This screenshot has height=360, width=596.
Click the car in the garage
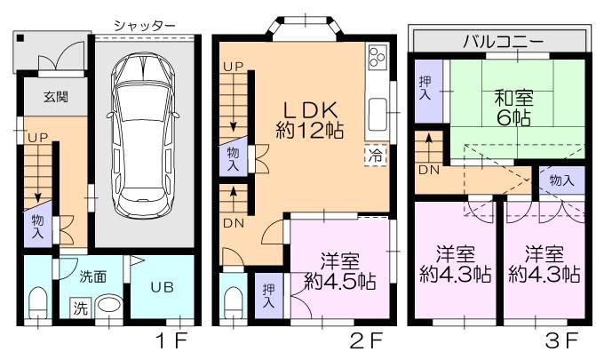(x=143, y=135)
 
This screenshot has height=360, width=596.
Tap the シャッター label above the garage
(x=145, y=25)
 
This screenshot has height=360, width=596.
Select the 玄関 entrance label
(x=56, y=97)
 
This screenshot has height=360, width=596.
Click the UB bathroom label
(x=163, y=287)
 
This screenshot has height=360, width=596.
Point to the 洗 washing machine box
(x=80, y=308)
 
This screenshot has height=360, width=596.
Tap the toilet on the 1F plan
(x=38, y=302)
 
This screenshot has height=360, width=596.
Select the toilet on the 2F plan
(x=234, y=302)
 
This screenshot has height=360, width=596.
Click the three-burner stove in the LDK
(x=377, y=57)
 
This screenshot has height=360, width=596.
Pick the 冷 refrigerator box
(x=376, y=156)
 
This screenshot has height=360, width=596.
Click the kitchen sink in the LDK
(x=377, y=115)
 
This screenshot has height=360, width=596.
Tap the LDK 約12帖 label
(x=310, y=120)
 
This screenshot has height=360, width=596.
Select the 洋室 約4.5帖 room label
(x=340, y=271)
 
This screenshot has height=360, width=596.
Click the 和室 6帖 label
(x=514, y=108)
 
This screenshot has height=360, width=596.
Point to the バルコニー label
(x=503, y=41)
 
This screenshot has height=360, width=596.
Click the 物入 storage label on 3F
(x=561, y=180)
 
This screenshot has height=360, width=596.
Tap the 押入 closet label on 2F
(x=269, y=296)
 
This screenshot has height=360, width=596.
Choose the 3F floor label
(x=561, y=340)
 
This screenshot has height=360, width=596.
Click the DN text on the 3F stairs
(x=429, y=170)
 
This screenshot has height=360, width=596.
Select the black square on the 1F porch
(x=20, y=38)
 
